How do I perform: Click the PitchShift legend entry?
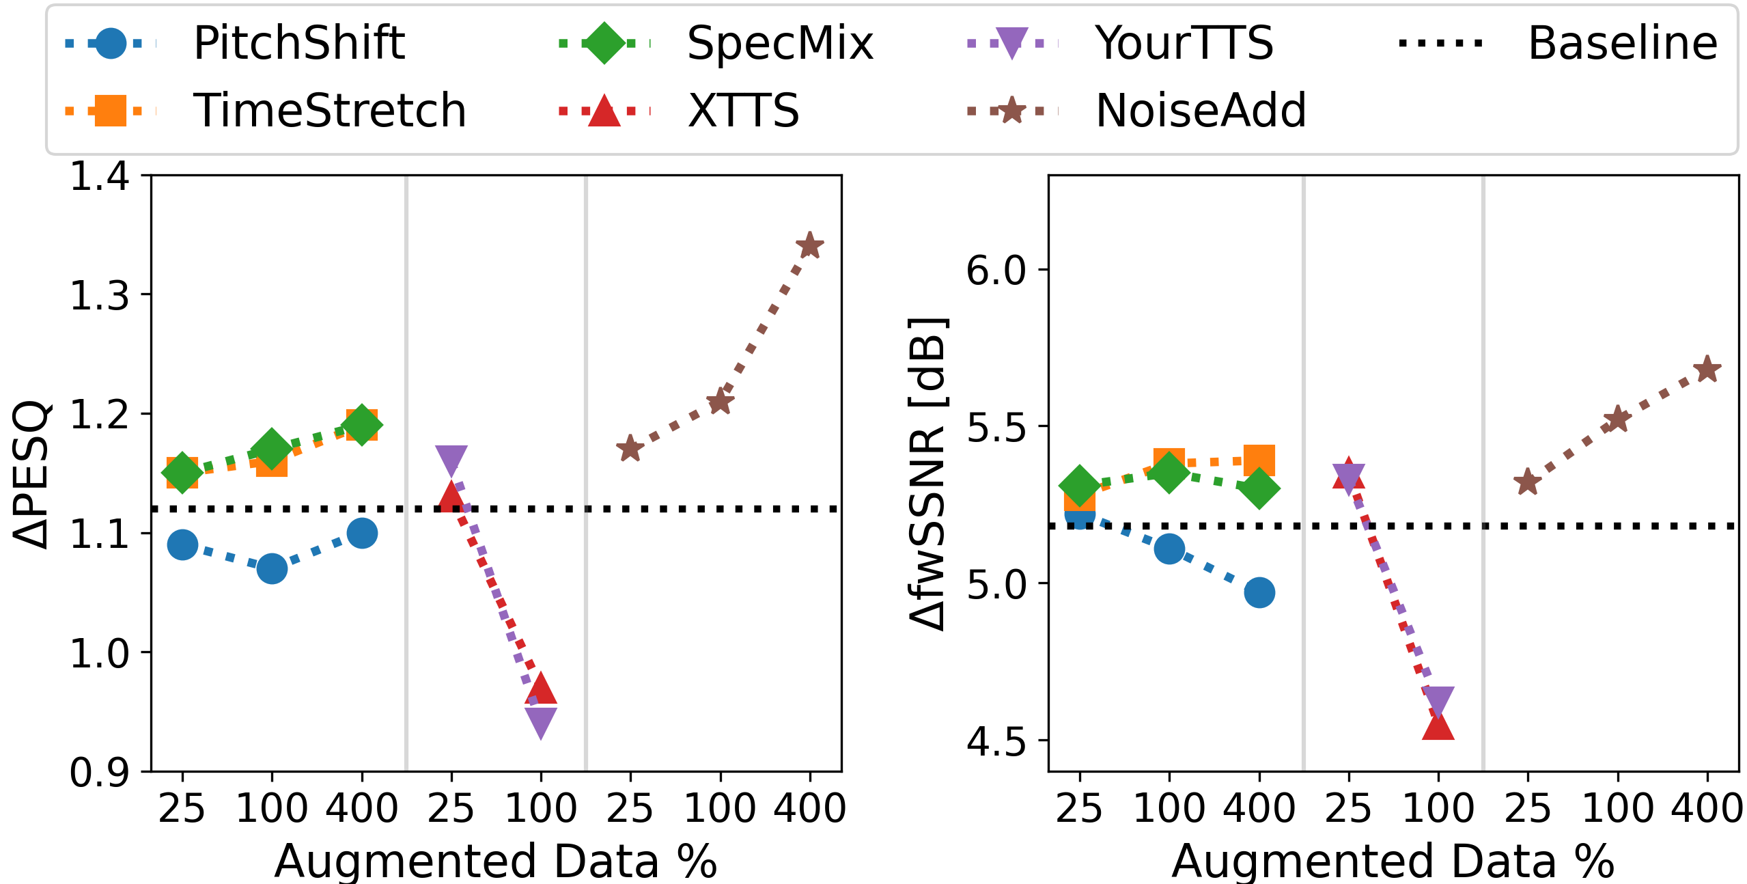pyautogui.click(x=298, y=43)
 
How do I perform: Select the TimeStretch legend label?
pyautogui.click(x=329, y=111)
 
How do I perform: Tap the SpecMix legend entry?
pyautogui.click(x=779, y=43)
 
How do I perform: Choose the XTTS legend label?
pyautogui.click(x=743, y=111)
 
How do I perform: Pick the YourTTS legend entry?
pyautogui.click(x=1184, y=43)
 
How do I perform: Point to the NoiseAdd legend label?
pyautogui.click(x=1200, y=111)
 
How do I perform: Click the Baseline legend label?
pyautogui.click(x=1622, y=43)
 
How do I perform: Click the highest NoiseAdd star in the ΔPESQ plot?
pyautogui.click(x=810, y=246)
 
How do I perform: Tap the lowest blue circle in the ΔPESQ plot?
pyautogui.click(x=272, y=568)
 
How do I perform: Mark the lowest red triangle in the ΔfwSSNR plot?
pyautogui.click(x=1438, y=726)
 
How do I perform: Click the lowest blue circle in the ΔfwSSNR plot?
pyautogui.click(x=1259, y=592)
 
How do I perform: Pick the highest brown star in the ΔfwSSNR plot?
pyautogui.click(x=1707, y=370)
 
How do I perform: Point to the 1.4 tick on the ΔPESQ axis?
pyautogui.click(x=100, y=176)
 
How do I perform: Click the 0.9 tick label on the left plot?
pyautogui.click(x=100, y=773)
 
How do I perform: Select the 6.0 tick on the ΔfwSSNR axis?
pyautogui.click(x=996, y=270)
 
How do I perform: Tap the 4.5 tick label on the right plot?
pyautogui.click(x=996, y=741)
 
